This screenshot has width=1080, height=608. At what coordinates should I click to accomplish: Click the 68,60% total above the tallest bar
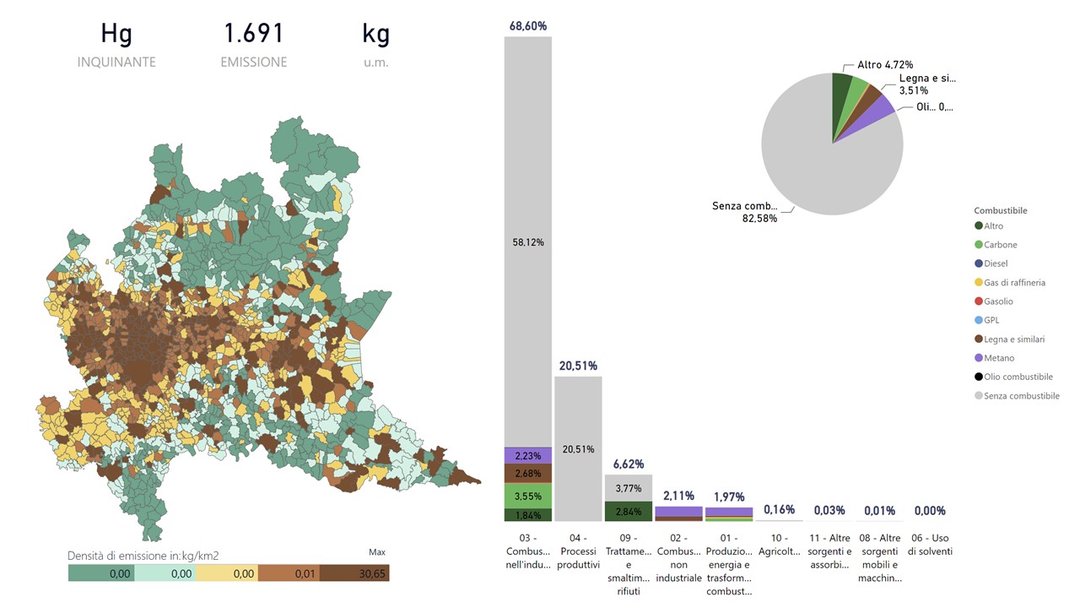[x=527, y=26]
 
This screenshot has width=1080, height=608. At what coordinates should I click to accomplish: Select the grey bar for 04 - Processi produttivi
[x=578, y=448]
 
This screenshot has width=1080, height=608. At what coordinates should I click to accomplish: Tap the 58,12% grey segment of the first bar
[x=528, y=242]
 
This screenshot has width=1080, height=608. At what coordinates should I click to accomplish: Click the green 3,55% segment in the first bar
[x=528, y=496]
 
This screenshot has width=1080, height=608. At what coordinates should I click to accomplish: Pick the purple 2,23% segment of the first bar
[x=528, y=455]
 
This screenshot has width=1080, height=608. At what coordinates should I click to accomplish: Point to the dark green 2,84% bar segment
[x=629, y=512]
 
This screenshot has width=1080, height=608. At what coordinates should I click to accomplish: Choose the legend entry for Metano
[x=998, y=358]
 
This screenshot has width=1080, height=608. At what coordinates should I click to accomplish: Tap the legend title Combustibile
[x=1001, y=210]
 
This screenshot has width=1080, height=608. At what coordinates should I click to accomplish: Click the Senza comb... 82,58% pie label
[x=744, y=212]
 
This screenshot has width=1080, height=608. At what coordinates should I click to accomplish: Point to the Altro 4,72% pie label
[x=884, y=64]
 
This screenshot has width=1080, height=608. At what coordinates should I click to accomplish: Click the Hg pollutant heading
[x=116, y=34]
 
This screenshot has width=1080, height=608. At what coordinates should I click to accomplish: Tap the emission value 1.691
[x=253, y=34]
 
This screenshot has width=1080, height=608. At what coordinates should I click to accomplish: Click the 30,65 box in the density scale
[x=354, y=573]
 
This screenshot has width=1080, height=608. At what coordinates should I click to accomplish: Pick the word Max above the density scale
[x=377, y=552]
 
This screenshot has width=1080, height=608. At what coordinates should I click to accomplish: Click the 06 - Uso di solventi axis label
[x=929, y=545]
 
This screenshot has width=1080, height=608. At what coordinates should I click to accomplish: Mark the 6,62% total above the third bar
[x=629, y=464]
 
